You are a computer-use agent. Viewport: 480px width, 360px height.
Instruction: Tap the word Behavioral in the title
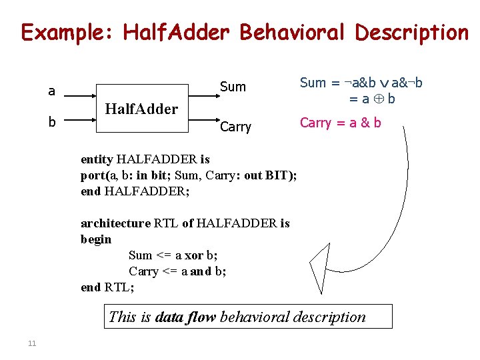pos(291,32)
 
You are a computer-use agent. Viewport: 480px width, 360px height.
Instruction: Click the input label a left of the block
pos(51,91)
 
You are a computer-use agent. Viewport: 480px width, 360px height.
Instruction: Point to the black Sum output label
pos(233,87)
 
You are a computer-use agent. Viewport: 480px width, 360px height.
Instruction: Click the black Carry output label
pos(235,127)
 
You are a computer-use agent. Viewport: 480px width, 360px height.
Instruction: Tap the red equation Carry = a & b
pos(340,123)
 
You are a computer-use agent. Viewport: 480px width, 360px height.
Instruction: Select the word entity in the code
pos(97,159)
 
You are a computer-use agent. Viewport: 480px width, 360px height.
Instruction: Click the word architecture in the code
pos(115,223)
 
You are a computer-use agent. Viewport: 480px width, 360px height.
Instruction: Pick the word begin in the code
pos(96,239)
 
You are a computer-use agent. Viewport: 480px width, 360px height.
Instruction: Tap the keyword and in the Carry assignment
pos(200,271)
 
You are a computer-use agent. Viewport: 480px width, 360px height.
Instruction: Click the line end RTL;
pos(107,287)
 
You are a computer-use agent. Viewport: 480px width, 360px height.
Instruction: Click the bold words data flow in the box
pos(185,317)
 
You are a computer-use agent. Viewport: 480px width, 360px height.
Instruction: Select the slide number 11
pos(31,343)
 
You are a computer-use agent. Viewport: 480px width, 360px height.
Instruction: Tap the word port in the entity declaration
pos(93,175)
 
